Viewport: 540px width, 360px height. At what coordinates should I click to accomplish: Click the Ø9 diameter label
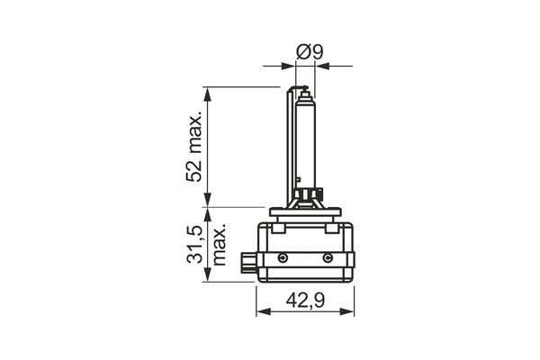(x=310, y=52)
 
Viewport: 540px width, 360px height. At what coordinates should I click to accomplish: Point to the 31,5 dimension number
(x=193, y=244)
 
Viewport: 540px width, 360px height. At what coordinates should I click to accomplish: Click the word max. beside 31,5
(x=219, y=244)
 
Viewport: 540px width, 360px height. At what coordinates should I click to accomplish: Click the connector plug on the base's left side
(x=247, y=263)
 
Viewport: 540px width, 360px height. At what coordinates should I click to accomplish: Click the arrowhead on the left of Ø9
(x=290, y=65)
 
